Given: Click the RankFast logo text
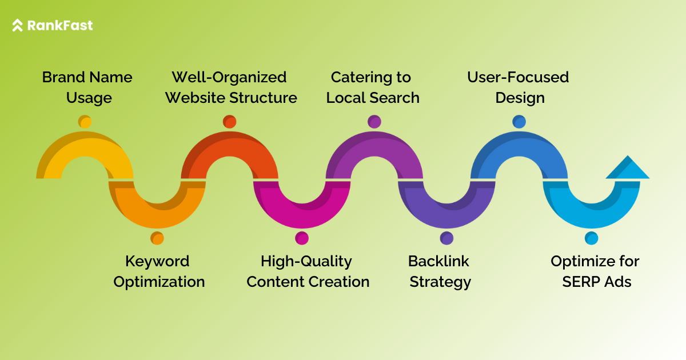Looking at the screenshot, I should [59, 25].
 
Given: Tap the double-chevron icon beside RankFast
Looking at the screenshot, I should [18, 25].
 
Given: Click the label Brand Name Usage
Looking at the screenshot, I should [87, 87].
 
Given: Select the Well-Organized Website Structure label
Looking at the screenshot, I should [230, 87].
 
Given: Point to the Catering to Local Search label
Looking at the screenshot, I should [372, 87].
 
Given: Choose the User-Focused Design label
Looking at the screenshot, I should [519, 87].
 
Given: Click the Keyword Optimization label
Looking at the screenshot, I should [158, 271].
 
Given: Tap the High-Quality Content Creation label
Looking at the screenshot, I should [308, 271].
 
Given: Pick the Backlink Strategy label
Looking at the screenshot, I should [439, 271].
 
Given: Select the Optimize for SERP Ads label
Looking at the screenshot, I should [595, 271].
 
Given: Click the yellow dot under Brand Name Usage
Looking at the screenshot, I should [85, 122].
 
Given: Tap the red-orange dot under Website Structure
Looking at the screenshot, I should [229, 122].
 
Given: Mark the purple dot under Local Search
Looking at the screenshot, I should [374, 122].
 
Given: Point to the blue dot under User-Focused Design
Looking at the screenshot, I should [519, 122].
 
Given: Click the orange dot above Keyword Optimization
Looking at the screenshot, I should [157, 238].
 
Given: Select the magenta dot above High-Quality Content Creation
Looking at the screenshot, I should [302, 238].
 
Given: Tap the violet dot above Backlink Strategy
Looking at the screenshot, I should [446, 238].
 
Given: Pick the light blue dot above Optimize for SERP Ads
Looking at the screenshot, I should [591, 238].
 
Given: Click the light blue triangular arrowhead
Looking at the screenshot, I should [628, 169].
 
